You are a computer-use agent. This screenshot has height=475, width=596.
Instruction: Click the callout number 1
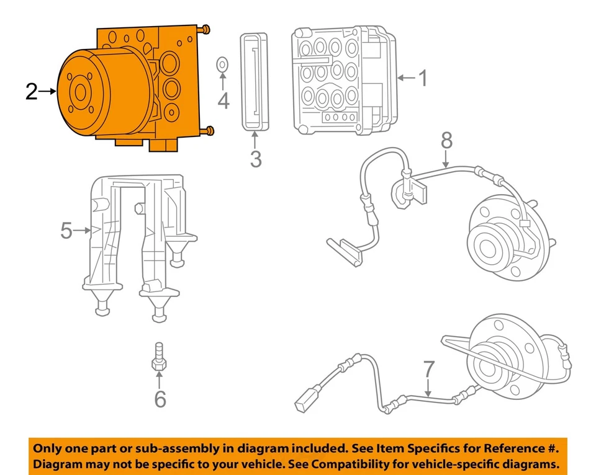point(422,79)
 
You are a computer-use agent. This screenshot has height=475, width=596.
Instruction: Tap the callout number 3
point(255,159)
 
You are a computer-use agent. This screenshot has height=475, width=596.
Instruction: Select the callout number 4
point(223,99)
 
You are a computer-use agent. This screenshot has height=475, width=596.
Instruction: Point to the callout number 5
point(66,231)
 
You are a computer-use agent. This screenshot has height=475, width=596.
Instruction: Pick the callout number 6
point(160,399)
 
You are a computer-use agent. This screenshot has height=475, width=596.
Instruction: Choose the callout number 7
point(429,370)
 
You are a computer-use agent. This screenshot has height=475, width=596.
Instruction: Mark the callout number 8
point(446,141)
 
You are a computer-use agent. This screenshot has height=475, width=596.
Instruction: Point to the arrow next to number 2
point(48,92)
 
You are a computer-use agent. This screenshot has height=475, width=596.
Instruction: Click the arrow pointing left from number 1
point(405,78)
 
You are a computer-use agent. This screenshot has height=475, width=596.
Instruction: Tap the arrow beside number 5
point(83,231)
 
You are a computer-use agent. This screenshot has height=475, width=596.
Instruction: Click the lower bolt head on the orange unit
point(209,130)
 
